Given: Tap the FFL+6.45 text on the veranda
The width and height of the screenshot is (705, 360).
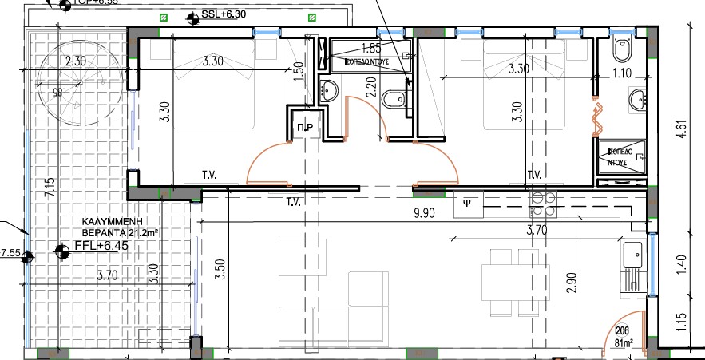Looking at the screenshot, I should point(101,246).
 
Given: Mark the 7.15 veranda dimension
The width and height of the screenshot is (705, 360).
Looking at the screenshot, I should point(50,188).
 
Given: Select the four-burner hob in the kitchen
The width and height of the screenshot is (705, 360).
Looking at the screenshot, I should point(544,204).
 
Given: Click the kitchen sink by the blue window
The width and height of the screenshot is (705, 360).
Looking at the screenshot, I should point(632,255).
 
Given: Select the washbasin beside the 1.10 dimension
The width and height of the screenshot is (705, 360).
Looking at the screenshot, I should point(637,100).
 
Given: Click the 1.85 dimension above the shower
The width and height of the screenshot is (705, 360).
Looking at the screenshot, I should point(370,48).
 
